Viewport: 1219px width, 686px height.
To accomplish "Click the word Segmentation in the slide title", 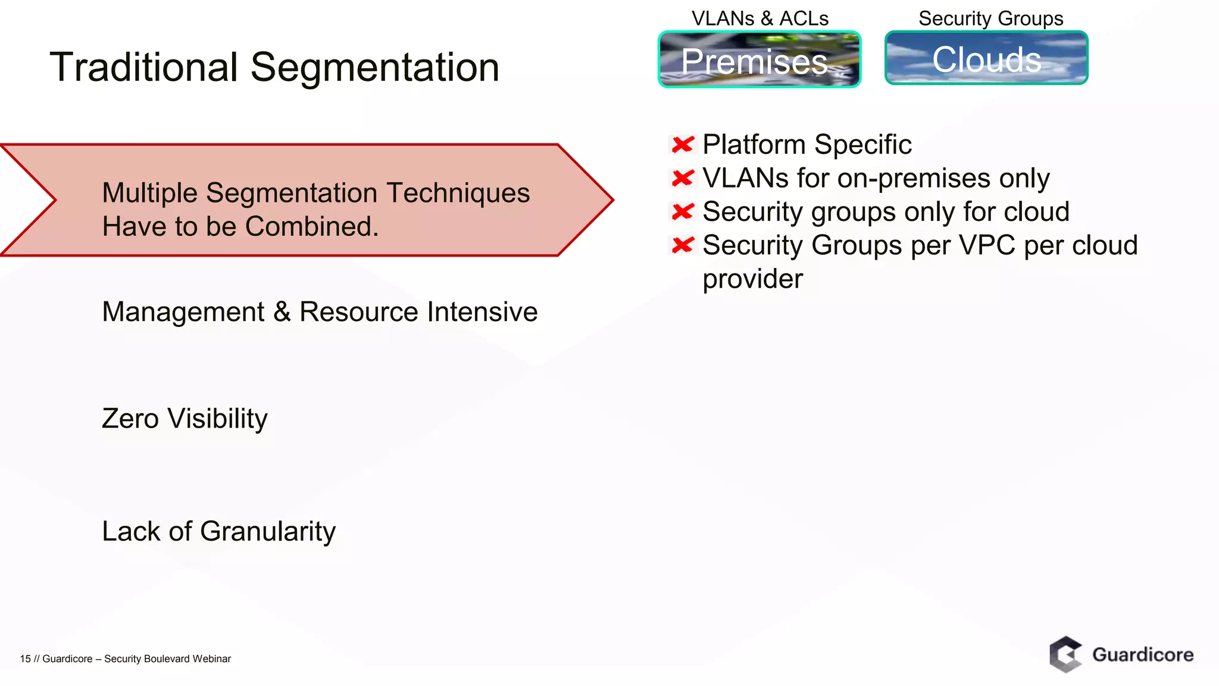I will pos(374,67).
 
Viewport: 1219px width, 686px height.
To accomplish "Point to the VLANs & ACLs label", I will pos(759,18).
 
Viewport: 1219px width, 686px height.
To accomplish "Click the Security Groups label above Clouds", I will pos(990,18).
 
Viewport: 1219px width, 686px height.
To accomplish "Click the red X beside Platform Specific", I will pos(683,144).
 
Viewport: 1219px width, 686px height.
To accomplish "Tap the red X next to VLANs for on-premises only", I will pos(683,177).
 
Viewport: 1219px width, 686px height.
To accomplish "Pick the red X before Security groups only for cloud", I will pos(683,211).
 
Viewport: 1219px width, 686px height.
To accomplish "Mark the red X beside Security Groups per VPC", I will pos(683,245).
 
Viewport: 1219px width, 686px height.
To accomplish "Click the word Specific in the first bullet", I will pos(862,145).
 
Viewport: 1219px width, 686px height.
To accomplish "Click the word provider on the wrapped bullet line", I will pos(752,279).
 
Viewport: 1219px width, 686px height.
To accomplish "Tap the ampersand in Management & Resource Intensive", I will pos(282,312).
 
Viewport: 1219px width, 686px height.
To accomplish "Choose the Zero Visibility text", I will pos(185,419).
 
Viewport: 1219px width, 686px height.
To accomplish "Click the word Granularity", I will pos(268,531).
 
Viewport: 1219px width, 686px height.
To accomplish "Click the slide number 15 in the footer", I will pos(25,659).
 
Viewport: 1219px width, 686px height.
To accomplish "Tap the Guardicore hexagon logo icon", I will pos(1065,654).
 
